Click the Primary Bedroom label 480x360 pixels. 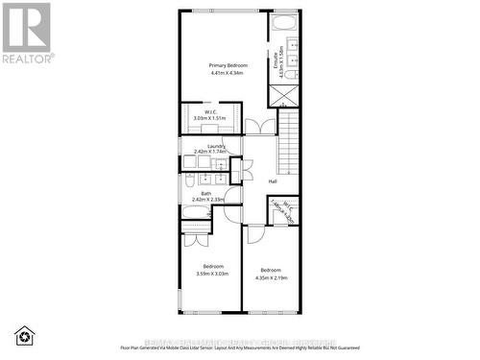point(223,64)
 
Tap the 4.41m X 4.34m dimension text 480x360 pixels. point(223,72)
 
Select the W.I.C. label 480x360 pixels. point(208,111)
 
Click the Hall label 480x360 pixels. point(273,181)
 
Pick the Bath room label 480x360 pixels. point(206,193)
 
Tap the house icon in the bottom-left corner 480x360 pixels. point(25,335)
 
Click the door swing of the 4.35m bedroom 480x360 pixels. point(255,233)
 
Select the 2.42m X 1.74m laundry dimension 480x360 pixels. point(209,152)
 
